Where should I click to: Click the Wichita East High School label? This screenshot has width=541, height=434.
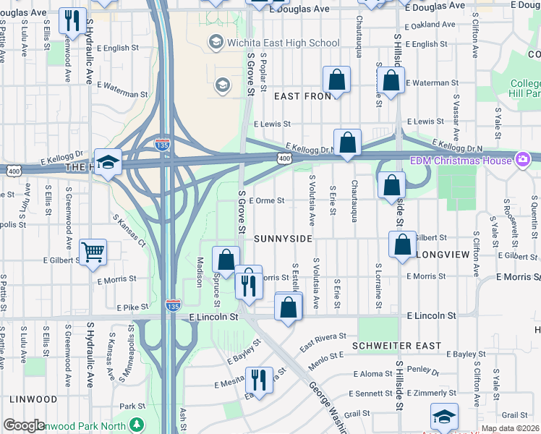[x=283, y=43]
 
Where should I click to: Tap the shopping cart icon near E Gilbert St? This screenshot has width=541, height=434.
[x=93, y=253]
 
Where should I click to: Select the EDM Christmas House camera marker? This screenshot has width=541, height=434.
[x=524, y=159]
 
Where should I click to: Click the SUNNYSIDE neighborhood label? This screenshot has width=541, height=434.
[x=283, y=238]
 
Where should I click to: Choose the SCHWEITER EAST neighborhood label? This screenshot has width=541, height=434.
[x=397, y=346]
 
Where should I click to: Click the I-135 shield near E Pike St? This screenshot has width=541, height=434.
[x=173, y=306]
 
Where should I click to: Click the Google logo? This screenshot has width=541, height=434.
[x=24, y=425]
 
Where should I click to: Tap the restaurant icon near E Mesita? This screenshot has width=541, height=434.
[x=257, y=378]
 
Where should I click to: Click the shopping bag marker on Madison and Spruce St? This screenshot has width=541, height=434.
[x=226, y=258]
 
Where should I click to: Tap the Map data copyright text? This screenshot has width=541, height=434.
[x=509, y=428]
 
